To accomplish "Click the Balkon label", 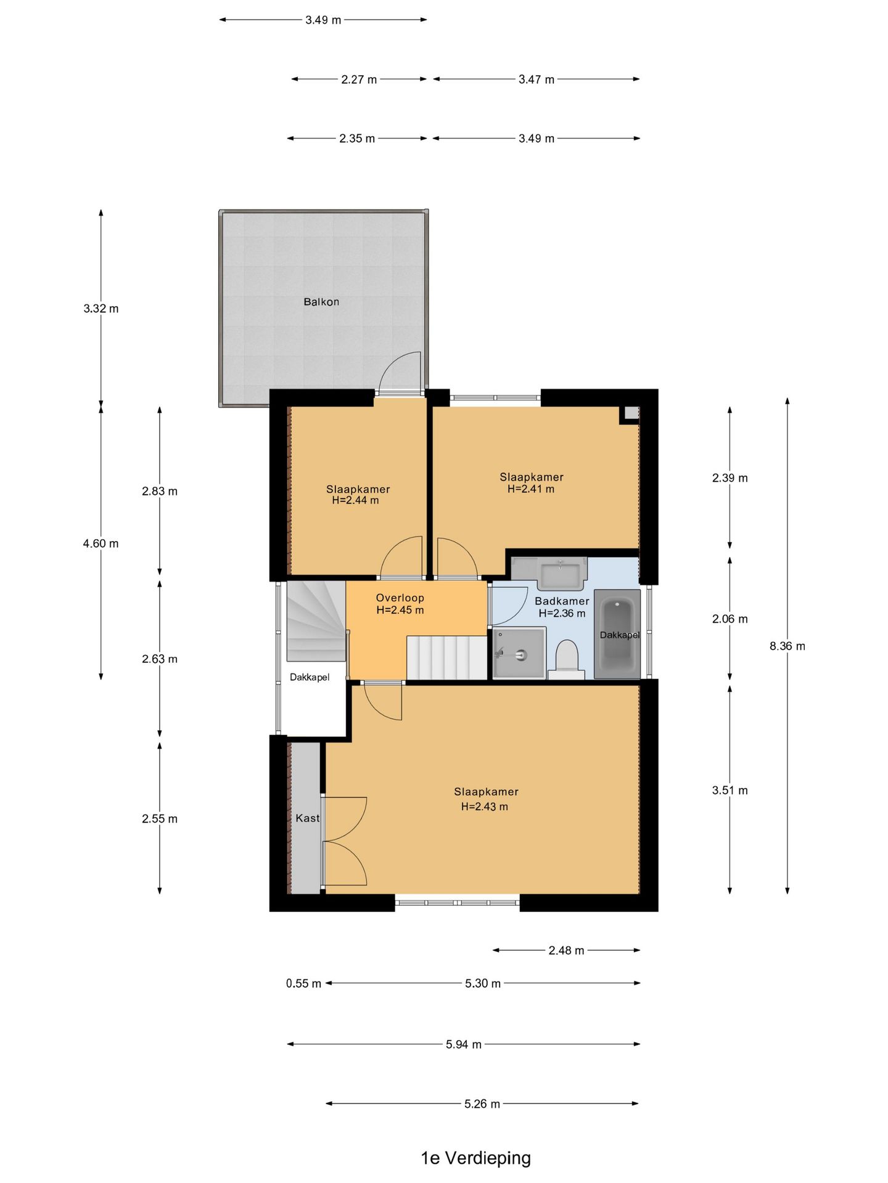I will [321, 302].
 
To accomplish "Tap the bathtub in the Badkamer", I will [617, 635].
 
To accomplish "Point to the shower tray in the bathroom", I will [519, 653].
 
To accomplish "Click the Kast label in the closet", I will [307, 818].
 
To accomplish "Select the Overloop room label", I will [400, 598].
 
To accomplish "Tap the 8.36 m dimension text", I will [787, 646].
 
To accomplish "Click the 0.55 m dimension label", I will [303, 983].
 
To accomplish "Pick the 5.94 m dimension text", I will [463, 1044].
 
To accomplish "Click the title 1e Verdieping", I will [475, 1158].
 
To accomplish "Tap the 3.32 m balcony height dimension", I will [101, 309].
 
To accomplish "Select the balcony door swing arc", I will [400, 372].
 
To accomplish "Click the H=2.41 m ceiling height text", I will [530, 489].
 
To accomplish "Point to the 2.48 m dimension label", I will [566, 951].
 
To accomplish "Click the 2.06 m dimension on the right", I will [730, 619].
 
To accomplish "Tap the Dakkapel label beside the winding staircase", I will [310, 677].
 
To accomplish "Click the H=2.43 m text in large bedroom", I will [484, 807].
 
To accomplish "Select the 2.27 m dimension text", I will [359, 79].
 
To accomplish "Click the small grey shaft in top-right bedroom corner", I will [631, 414].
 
